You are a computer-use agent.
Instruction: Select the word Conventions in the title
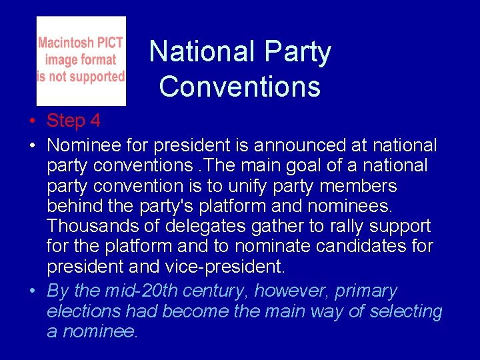(240, 87)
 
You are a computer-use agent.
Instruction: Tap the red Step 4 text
(73, 121)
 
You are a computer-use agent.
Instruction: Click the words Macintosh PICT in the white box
(81, 43)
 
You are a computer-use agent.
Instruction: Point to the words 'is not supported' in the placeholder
(81, 77)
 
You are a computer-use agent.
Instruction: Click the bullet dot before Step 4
(33, 121)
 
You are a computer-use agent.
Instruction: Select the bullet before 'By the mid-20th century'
(33, 291)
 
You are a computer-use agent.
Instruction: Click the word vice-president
(228, 267)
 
